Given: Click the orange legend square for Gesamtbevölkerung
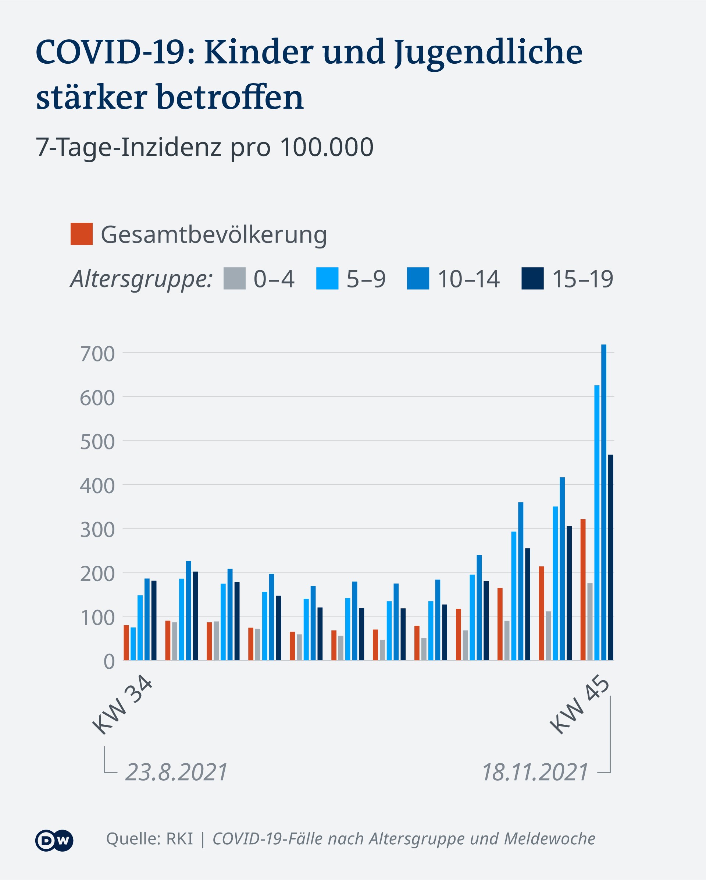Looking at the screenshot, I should click(82, 234).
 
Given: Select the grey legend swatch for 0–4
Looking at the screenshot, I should click(235, 278).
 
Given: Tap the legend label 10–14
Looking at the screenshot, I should click(468, 279).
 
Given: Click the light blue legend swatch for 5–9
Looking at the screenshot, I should click(327, 278).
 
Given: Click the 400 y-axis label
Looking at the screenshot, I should click(97, 486).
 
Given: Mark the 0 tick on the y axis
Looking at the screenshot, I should click(109, 661).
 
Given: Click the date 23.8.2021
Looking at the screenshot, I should click(176, 772).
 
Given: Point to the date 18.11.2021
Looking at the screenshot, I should click(535, 772).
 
